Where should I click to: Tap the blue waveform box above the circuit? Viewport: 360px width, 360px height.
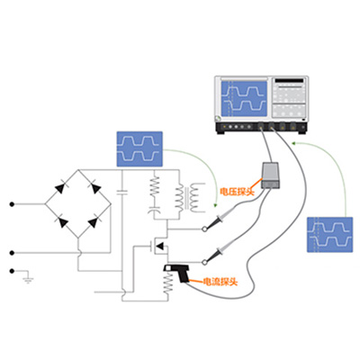pos(140,147)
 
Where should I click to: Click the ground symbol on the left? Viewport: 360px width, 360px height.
pos(27,280)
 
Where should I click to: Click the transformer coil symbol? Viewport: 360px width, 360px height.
pos(184,196)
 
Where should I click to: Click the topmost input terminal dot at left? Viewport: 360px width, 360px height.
pos(12,204)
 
